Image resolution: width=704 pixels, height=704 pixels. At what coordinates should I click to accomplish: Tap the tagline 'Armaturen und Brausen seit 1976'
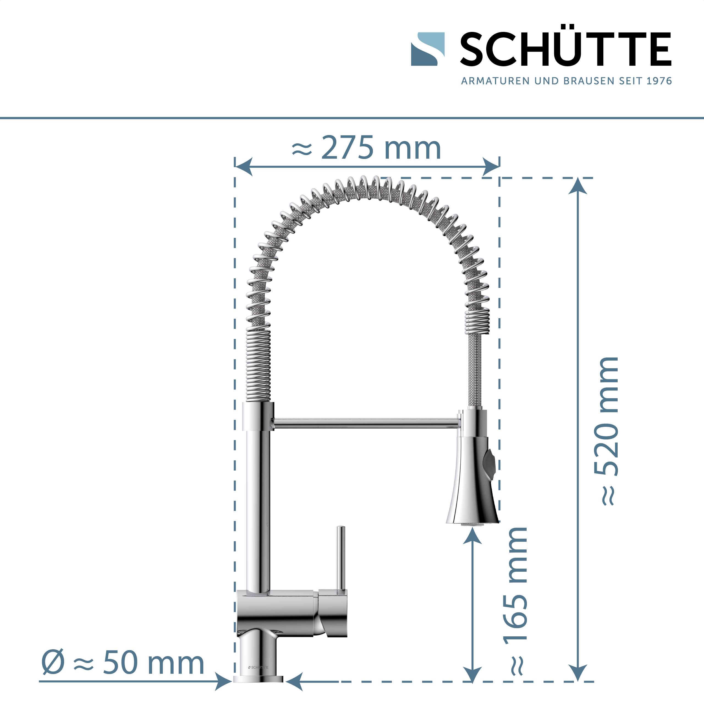(566, 81)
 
